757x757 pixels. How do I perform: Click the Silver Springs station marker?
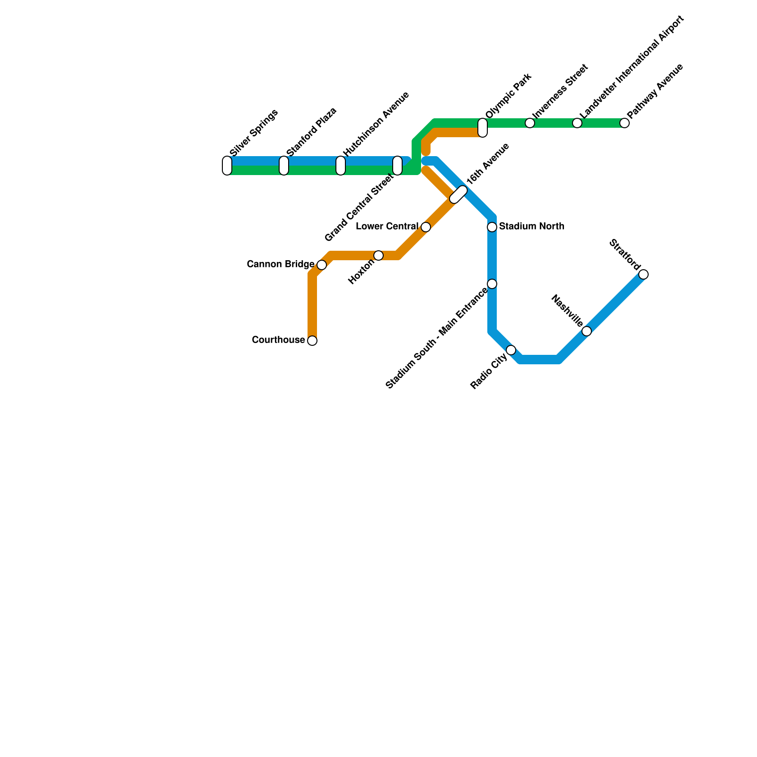(x=227, y=166)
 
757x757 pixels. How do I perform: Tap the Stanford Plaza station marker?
(x=284, y=166)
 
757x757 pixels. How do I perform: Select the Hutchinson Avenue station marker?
(x=341, y=166)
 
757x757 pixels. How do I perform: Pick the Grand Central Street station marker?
(x=397, y=166)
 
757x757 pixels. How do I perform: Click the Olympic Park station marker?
(x=483, y=128)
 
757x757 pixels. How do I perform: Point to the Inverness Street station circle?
(x=530, y=123)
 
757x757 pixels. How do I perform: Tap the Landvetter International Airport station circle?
(x=577, y=123)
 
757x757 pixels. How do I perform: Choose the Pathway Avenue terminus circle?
(x=625, y=123)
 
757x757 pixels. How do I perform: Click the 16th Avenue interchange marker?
(x=458, y=194)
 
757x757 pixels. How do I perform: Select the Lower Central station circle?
(x=426, y=227)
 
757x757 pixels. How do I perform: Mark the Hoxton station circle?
(x=378, y=255)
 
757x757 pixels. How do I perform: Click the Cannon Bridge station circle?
(x=322, y=265)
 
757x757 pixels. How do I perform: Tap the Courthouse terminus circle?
(x=312, y=341)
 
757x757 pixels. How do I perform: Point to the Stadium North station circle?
(x=492, y=227)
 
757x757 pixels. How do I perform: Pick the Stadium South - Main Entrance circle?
(x=492, y=284)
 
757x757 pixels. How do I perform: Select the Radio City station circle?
(x=511, y=350)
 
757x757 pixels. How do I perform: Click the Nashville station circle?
(x=587, y=331)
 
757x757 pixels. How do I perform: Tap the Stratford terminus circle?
(x=643, y=274)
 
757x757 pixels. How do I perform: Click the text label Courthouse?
(x=278, y=340)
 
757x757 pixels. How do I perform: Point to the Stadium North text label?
(x=531, y=227)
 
